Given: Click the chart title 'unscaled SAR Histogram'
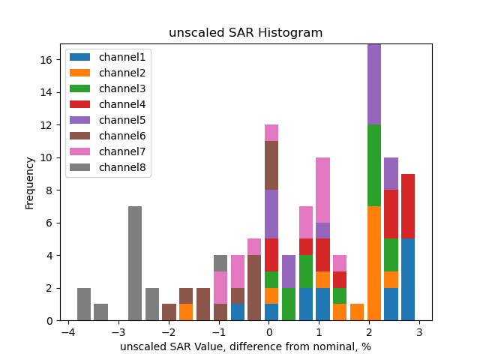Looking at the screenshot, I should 245,33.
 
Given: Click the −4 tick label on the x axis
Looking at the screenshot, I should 67,331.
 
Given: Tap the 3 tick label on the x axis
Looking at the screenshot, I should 419,331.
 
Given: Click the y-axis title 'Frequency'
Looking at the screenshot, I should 30,182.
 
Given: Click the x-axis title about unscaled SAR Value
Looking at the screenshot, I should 245,346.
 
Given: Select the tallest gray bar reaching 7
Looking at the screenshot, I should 135,263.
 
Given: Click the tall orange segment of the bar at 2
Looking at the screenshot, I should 374,263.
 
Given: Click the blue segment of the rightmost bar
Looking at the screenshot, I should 408,280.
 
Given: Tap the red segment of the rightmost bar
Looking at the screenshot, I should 408,206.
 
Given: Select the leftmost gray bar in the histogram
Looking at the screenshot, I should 84,304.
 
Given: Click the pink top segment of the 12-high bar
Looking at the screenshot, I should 271,133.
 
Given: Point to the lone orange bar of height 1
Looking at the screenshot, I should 357,312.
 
